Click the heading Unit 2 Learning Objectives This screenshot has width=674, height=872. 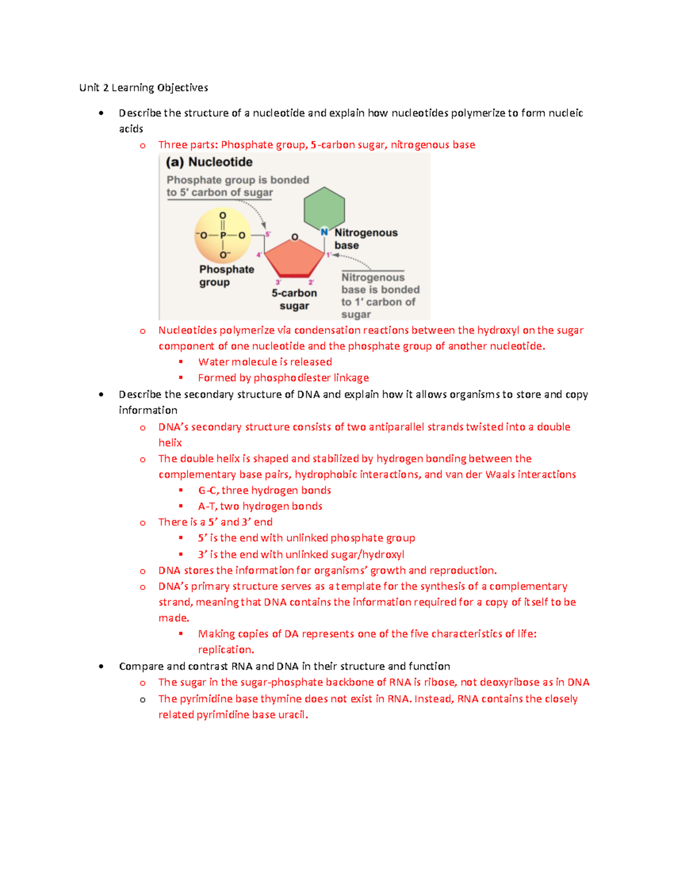pos(143,88)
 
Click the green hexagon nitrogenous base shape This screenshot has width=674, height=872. pos(324,208)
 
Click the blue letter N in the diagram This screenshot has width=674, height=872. pos(324,232)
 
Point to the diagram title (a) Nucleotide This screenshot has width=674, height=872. pos(209,162)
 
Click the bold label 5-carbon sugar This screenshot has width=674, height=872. pos(294,299)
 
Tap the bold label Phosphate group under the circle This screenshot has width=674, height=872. pos(226,276)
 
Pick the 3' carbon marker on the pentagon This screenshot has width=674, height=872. pos(278,282)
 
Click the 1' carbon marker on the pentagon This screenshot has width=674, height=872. pos(329,255)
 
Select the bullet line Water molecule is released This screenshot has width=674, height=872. pos(265,362)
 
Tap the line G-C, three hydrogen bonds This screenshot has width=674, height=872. pos(264,490)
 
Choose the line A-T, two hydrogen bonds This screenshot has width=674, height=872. pos(260,506)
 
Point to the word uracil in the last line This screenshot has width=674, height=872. pos(293,715)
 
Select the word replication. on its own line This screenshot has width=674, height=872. pos(226,650)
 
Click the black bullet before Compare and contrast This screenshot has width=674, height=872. pos(101,666)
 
